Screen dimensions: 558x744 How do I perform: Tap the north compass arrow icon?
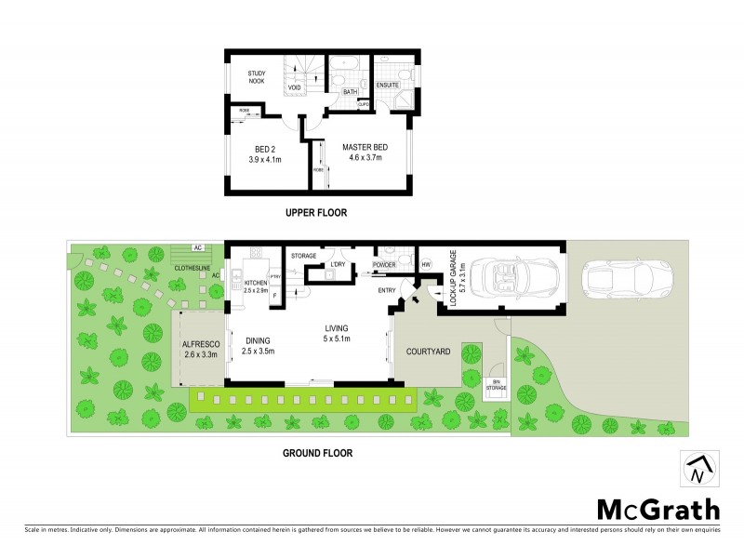pyautogui.click(x=701, y=468)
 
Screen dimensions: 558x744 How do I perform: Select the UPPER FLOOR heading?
pyautogui.click(x=316, y=213)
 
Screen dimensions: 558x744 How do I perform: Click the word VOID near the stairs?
pyautogui.click(x=294, y=87)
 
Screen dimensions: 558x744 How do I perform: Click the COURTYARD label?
pyautogui.click(x=429, y=352)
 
